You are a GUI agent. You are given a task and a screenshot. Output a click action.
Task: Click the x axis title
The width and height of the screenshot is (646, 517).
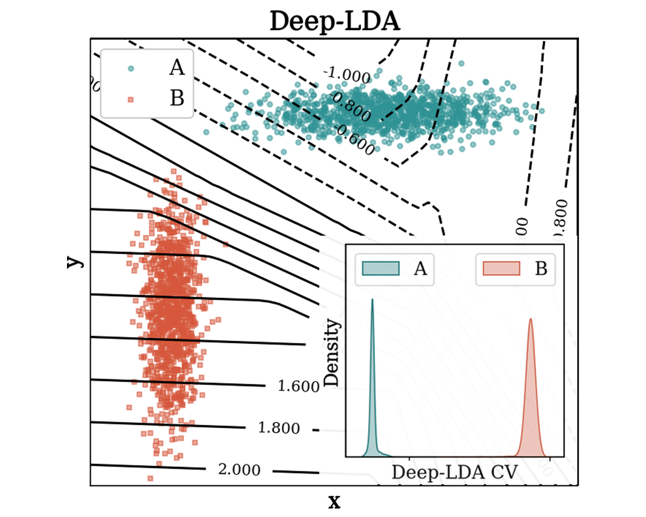334,501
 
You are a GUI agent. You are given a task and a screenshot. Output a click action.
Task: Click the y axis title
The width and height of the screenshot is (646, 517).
75,262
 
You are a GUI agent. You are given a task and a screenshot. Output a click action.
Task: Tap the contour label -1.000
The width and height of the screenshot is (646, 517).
347,75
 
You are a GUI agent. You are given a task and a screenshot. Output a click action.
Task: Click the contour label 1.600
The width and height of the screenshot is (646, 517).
298,386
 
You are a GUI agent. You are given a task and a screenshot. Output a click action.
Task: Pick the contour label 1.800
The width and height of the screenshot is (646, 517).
279,428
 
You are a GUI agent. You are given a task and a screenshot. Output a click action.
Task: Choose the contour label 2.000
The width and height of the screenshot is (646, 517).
239,470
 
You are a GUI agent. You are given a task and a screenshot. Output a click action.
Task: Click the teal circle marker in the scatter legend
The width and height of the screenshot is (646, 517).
131,69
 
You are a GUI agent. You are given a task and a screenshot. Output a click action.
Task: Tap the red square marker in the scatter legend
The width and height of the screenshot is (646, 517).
131,100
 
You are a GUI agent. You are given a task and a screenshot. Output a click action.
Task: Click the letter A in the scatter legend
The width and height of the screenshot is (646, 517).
177,68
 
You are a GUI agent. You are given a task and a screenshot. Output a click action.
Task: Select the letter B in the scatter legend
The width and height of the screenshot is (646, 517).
177,98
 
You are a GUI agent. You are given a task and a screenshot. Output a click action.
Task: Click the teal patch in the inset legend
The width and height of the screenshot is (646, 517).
380,268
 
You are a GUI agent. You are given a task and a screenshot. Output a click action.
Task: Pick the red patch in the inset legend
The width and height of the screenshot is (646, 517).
501,268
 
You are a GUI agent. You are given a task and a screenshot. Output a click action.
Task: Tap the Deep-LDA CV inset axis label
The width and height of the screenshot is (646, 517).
455,473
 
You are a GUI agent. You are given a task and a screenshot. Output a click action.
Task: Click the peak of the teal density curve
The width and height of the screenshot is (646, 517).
372,300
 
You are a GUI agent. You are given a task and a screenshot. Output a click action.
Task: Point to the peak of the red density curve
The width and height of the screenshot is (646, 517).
531,319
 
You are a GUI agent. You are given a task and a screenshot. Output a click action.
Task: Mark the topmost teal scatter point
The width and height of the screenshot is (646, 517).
461,63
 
